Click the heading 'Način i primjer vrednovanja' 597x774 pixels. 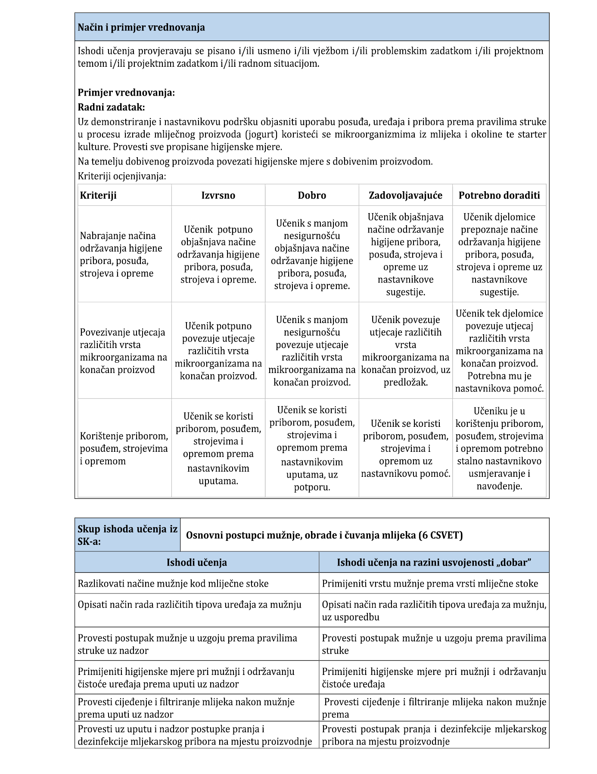(x=141, y=28)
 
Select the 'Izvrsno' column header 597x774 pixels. (x=218, y=195)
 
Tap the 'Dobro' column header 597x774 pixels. (x=312, y=195)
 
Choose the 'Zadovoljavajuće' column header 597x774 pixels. (x=405, y=195)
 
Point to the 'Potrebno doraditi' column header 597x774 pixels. (x=499, y=195)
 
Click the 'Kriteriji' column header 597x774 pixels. (x=98, y=195)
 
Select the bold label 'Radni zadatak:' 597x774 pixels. (x=111, y=107)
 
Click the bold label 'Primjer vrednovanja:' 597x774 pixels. (x=126, y=93)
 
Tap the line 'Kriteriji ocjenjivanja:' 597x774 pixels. (x=122, y=176)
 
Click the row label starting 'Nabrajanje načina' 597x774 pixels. (x=121, y=255)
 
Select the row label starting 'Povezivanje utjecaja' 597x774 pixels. (x=123, y=351)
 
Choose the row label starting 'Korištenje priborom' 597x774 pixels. (x=124, y=448)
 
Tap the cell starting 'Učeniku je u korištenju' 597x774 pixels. (x=499, y=448)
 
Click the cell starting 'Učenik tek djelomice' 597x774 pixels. (x=499, y=351)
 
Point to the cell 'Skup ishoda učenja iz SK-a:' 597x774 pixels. (x=127, y=535)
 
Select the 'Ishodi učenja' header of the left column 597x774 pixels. (x=197, y=563)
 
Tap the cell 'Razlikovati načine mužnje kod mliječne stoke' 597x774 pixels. (x=173, y=584)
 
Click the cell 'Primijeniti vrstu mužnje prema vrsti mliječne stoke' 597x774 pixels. (x=430, y=584)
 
